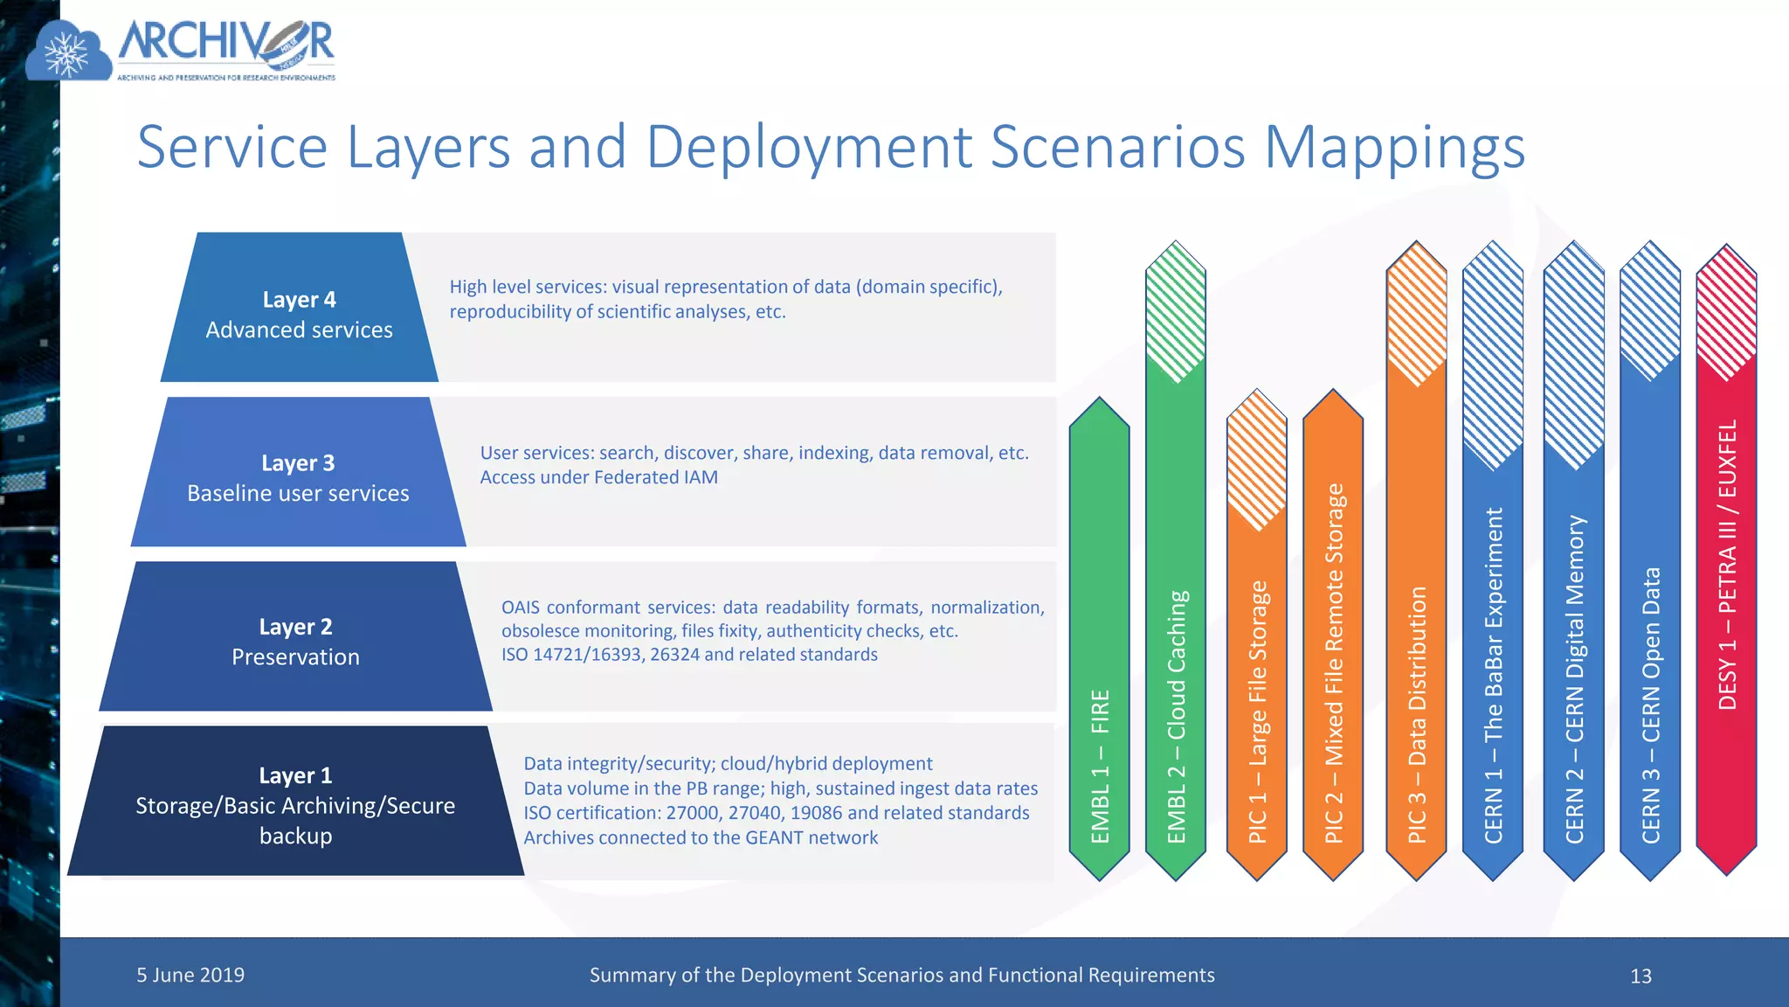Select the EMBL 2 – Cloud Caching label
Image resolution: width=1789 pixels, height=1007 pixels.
[x=1177, y=717]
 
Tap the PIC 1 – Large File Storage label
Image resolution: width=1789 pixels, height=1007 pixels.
[x=1257, y=712]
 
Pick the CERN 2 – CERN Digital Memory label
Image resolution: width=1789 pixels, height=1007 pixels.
[x=1574, y=678]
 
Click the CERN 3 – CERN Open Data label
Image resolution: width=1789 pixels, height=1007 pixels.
[x=1650, y=705]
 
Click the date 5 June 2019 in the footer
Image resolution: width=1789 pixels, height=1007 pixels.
[x=190, y=975]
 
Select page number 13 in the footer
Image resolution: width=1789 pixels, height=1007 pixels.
[x=1640, y=976]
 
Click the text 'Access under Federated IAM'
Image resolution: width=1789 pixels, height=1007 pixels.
[x=599, y=477]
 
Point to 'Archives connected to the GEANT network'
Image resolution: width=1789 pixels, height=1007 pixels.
[x=701, y=837]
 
